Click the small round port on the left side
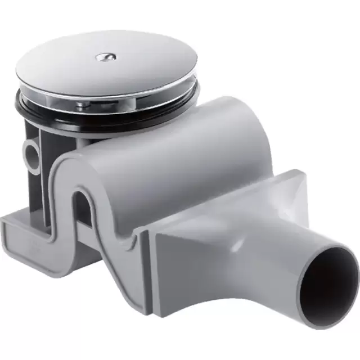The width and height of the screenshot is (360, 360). click(x=31, y=150)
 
